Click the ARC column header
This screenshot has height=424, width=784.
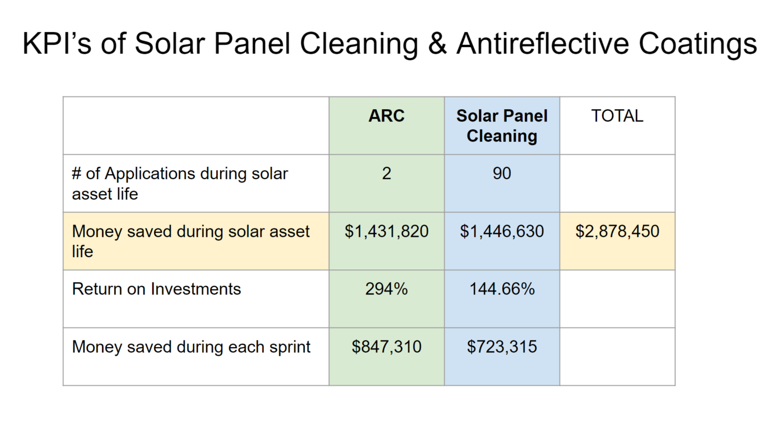tap(386, 116)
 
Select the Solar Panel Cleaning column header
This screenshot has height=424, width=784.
tap(502, 126)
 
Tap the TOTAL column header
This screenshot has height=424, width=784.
tap(617, 116)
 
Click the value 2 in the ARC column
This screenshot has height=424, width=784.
tap(386, 174)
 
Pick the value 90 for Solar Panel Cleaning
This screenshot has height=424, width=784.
tap(502, 174)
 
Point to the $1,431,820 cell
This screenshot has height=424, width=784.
tap(386, 231)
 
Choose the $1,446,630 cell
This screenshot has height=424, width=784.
tap(502, 231)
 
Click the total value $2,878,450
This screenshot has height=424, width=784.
tap(617, 231)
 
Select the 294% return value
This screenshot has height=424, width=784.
tap(386, 289)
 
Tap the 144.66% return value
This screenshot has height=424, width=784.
tap(502, 289)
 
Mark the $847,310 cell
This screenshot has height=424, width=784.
tap(386, 347)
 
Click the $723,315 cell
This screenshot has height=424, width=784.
tap(502, 347)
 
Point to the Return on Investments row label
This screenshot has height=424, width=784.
tap(156, 289)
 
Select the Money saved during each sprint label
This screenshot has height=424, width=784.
tap(191, 347)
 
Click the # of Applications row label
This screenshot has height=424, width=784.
tap(179, 184)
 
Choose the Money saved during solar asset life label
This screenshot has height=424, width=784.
tap(190, 241)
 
